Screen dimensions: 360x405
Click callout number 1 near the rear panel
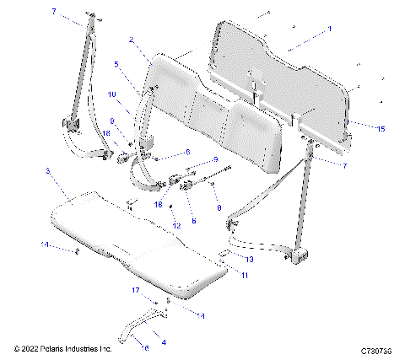coord(329,29)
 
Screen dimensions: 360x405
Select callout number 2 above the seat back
coord(131,40)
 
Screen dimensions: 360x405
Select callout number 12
coord(176,226)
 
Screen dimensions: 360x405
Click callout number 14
coord(46,244)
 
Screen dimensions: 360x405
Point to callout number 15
coord(381,129)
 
